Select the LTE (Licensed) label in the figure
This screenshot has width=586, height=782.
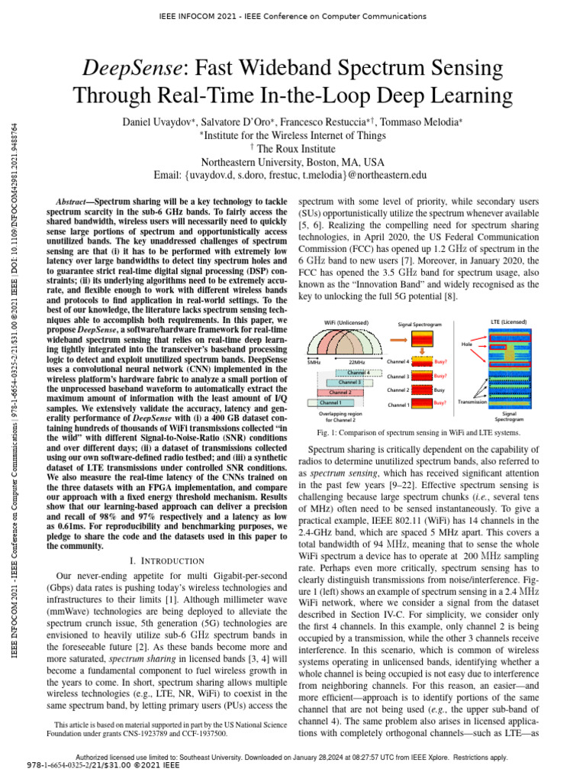tap(508, 323)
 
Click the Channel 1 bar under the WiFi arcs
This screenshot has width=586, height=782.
tap(331, 402)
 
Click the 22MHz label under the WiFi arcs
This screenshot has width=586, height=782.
tap(356, 361)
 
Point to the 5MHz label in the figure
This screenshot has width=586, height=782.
tap(314, 361)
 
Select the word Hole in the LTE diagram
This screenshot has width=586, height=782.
tap(467, 344)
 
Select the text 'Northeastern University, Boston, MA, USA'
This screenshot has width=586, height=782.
tap(292, 163)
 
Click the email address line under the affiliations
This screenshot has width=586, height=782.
tap(292, 176)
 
